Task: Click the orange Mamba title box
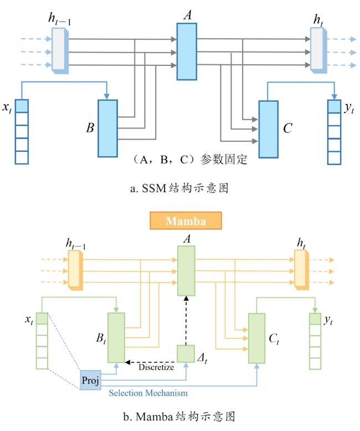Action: coord(186,220)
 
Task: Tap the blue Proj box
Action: coord(90,380)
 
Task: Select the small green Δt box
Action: coord(186,354)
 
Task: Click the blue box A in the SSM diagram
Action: coord(187,52)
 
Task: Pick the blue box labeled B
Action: coord(108,129)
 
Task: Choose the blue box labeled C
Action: coord(268,129)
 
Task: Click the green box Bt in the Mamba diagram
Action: coord(116,337)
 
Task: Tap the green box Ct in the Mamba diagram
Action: coord(256,338)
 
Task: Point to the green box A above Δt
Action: coord(186,271)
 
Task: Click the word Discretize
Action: coord(156,367)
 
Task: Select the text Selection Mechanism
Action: coord(148,393)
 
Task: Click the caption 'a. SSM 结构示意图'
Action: coord(179,188)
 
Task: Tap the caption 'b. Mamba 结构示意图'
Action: coord(179,417)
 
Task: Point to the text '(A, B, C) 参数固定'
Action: coord(189,160)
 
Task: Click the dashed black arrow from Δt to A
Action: coord(186,321)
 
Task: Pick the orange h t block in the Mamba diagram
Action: coord(301,269)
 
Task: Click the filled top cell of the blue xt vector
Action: coord(22,106)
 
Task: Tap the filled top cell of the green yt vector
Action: coord(315,319)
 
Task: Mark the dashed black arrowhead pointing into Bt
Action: coord(127,362)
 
